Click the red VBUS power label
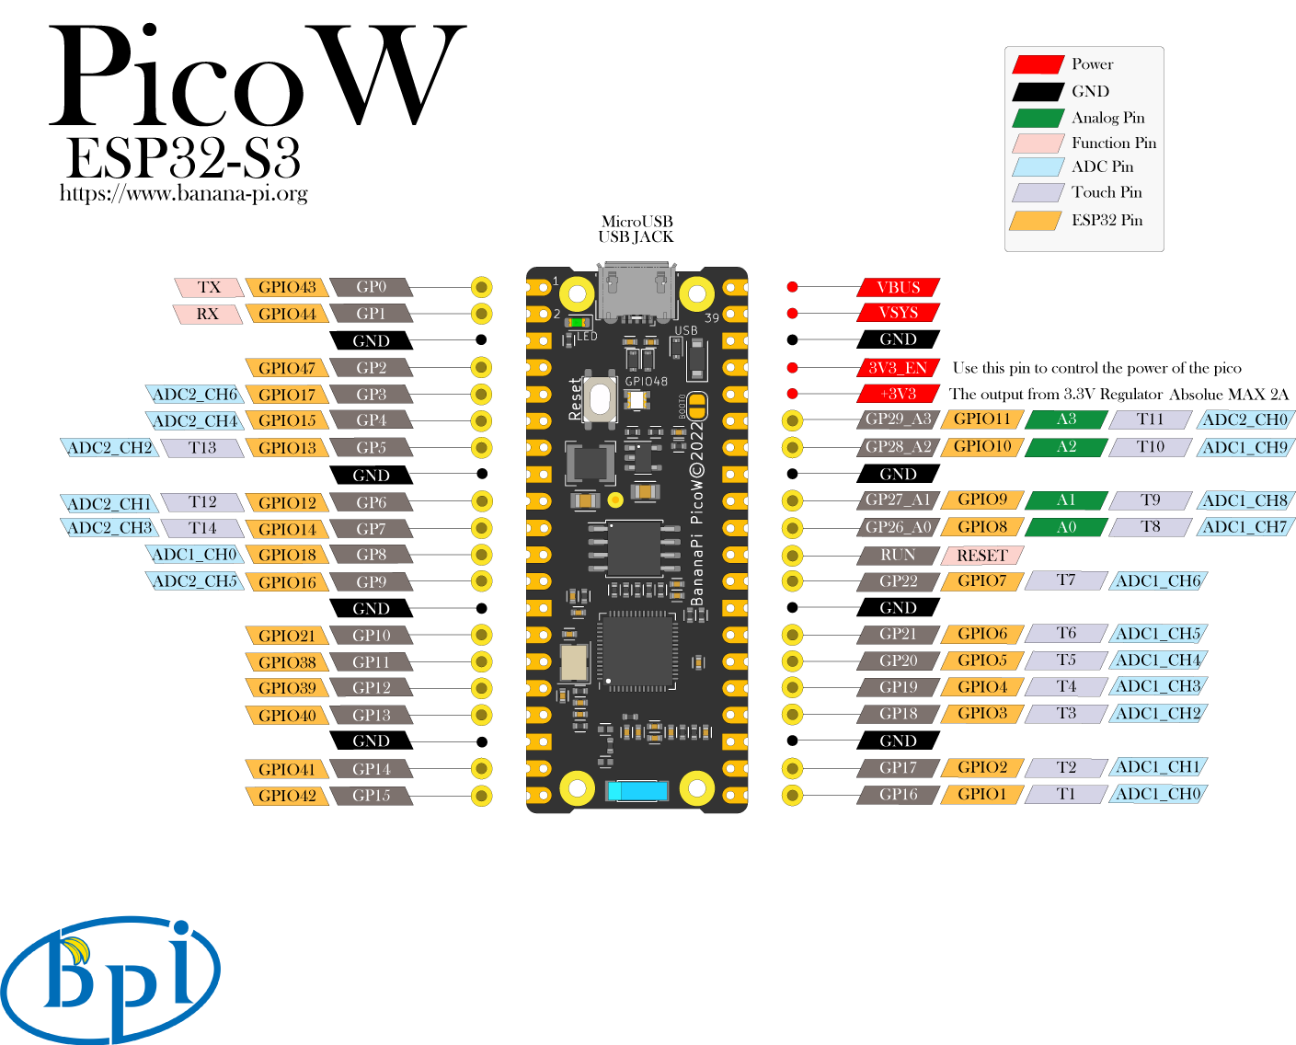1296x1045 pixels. (x=898, y=287)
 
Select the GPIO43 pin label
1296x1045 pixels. (x=287, y=287)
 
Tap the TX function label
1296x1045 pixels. (x=209, y=287)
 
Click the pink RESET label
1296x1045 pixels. (x=981, y=556)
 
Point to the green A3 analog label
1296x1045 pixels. (x=1066, y=419)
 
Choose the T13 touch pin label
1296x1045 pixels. (x=202, y=448)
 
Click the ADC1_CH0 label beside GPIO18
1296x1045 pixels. (x=195, y=555)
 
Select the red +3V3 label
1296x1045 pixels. (x=898, y=394)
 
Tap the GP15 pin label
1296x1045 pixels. (x=371, y=796)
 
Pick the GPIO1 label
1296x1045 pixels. (x=981, y=794)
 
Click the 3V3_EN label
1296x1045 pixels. (x=898, y=368)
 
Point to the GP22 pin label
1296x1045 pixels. (x=898, y=581)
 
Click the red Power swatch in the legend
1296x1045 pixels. (x=1038, y=64)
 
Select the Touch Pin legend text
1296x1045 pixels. (x=1107, y=192)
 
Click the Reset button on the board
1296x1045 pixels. (x=600, y=399)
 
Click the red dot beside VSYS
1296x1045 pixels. (x=792, y=314)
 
